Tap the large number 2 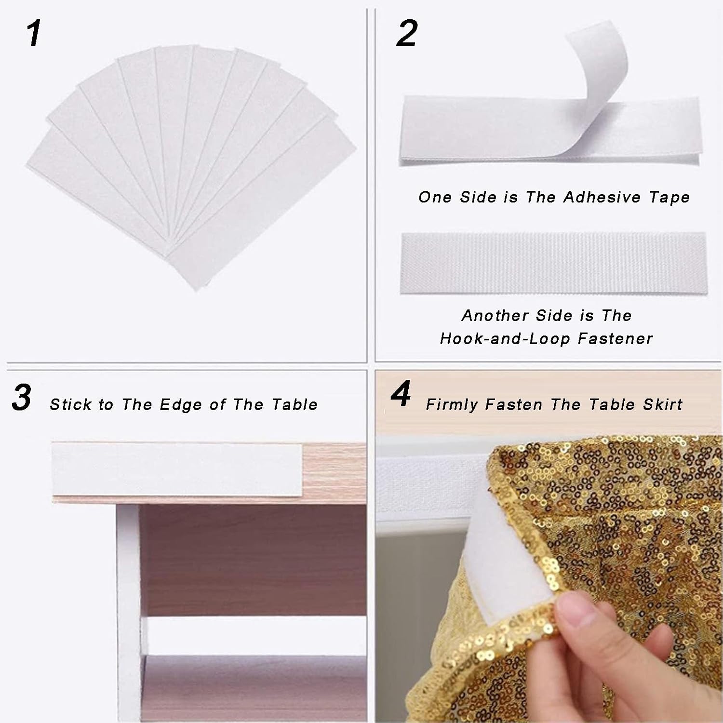pyautogui.click(x=407, y=34)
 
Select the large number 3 pyautogui.click(x=22, y=398)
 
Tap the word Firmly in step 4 pyautogui.click(x=452, y=405)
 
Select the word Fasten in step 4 pyautogui.click(x=514, y=404)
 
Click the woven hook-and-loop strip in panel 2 pyautogui.click(x=553, y=263)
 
